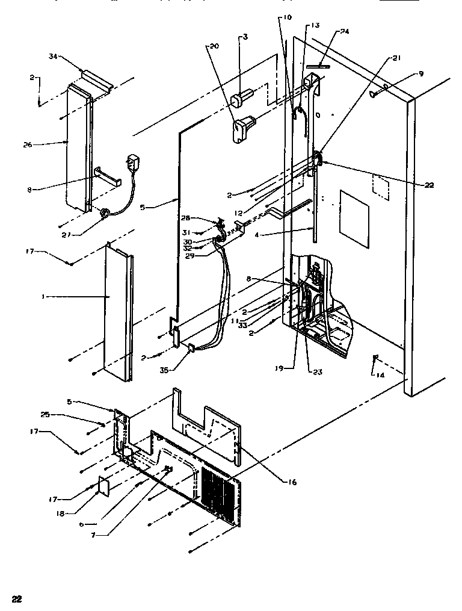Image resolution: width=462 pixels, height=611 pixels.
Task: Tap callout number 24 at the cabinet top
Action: [x=344, y=32]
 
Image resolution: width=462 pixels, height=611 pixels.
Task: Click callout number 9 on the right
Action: [x=421, y=73]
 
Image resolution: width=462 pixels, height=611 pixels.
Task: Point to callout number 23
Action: [x=316, y=372]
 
